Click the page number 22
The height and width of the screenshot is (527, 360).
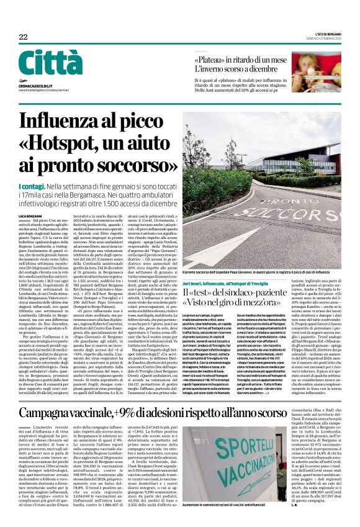(x=23, y=37)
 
